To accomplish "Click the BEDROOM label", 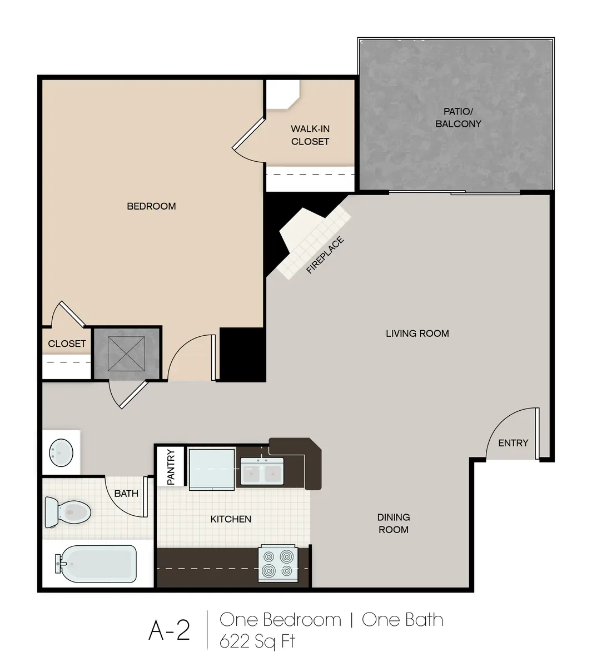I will coord(151,206).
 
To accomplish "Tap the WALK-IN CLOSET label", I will coord(310,135).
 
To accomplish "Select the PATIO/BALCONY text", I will coord(458,117).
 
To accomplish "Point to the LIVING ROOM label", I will coord(417,333).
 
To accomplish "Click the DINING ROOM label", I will coord(394,523).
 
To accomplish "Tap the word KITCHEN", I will coord(231,519).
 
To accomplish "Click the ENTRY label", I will coord(513,443).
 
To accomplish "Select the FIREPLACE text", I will coord(325,256).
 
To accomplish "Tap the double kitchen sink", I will coord(262,472).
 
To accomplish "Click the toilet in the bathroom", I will coord(67,511).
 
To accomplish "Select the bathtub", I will coord(96,564).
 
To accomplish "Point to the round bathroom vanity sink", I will coord(61,452).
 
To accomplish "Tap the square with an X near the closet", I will coord(126,354).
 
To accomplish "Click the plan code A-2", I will coord(169,630).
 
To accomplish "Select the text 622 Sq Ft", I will coord(257,641).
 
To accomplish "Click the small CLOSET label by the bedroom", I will coord(67,344).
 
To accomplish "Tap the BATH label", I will coord(126,493).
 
